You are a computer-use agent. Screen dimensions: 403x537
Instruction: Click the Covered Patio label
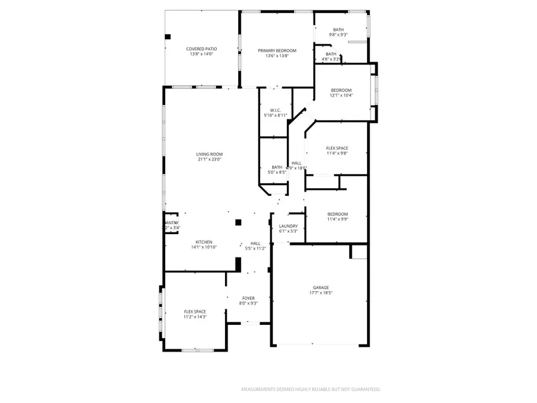point(201,48)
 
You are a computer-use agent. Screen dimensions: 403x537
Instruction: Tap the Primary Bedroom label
point(277,51)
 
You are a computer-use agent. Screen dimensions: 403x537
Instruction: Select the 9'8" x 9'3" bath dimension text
point(338,35)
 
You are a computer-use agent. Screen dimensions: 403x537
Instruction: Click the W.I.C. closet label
point(275,110)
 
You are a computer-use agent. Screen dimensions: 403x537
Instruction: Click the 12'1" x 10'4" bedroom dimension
point(341,96)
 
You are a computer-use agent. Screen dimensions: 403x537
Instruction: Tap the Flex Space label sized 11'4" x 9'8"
point(337,148)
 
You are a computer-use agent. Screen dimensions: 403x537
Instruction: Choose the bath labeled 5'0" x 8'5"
point(277,167)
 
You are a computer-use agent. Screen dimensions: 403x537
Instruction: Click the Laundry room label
point(288,226)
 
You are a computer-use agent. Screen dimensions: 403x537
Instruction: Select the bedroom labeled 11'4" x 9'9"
point(337,214)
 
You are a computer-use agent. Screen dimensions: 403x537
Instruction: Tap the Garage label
point(321,287)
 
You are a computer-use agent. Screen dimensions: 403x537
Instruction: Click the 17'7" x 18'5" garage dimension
point(321,293)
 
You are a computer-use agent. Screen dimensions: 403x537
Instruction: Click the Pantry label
point(171,223)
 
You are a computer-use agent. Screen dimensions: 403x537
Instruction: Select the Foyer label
point(248,298)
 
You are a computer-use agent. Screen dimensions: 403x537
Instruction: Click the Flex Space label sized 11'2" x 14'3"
point(195,312)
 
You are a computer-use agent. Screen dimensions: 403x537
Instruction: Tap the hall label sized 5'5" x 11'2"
point(255,244)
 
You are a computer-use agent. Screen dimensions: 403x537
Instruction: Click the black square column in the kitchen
point(237,222)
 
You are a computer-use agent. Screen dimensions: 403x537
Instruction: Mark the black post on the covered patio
point(168,36)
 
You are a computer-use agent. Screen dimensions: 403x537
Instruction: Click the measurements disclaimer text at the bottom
point(310,389)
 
